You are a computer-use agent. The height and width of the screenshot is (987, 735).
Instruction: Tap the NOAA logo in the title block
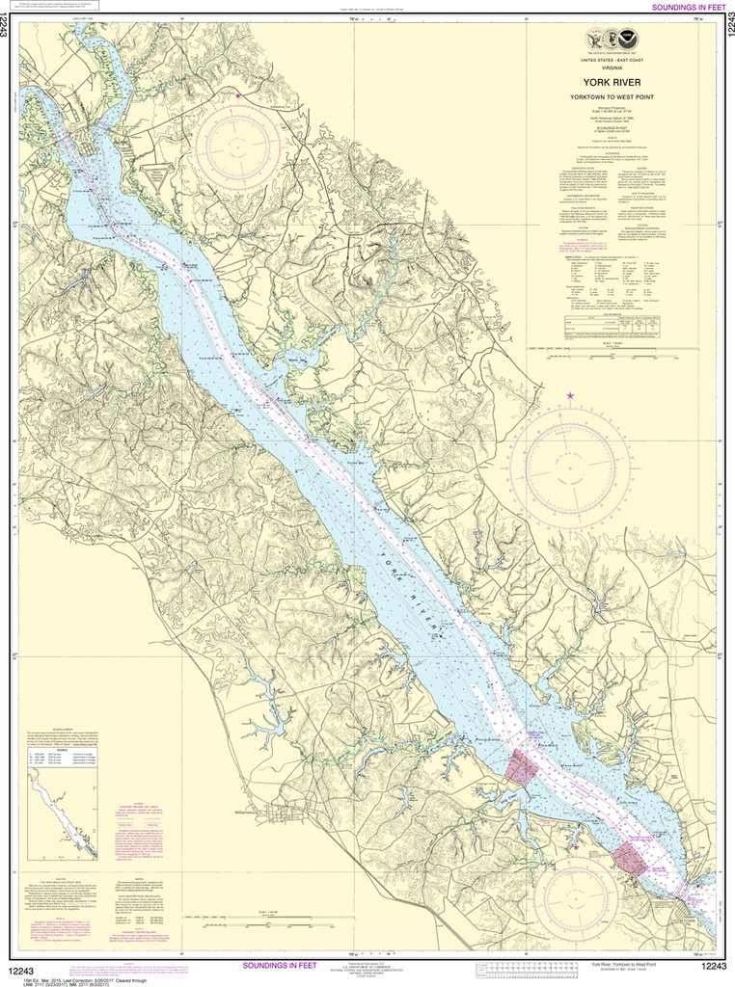pos(629,39)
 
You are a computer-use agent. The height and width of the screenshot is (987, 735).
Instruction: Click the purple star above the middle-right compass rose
pos(569,396)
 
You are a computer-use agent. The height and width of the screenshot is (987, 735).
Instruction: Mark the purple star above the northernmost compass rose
pos(237,95)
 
